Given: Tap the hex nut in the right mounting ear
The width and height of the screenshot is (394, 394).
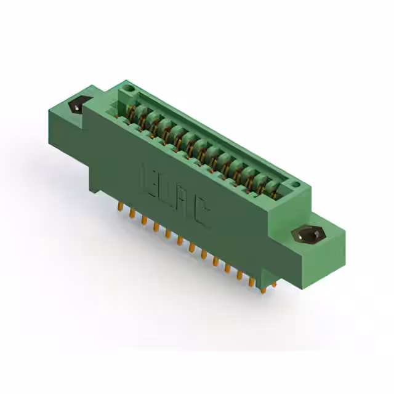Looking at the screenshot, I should tap(306, 235).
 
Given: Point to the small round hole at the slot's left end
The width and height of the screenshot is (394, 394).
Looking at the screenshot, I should tap(127, 90).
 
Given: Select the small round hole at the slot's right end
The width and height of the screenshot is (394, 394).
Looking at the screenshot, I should tap(295, 184).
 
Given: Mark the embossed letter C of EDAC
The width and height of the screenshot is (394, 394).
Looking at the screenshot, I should tap(202, 213).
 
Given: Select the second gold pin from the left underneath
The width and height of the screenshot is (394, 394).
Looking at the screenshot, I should tap(131, 213).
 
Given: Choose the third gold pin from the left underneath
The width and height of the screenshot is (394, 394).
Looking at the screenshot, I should tap(143, 220).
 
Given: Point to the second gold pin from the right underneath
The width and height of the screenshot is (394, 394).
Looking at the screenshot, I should tap(251, 282).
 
